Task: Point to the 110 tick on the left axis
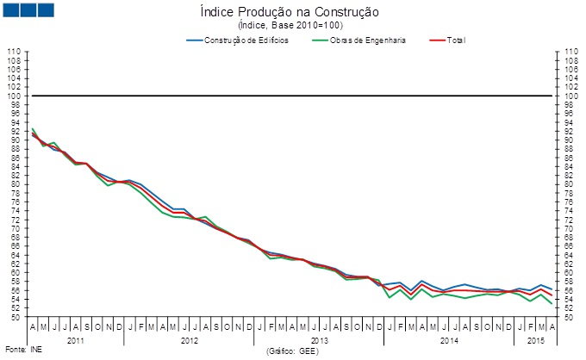(14, 52)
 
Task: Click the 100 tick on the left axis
(14, 96)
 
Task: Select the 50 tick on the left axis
(15, 317)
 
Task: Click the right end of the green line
(552, 303)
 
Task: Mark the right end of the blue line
(552, 289)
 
